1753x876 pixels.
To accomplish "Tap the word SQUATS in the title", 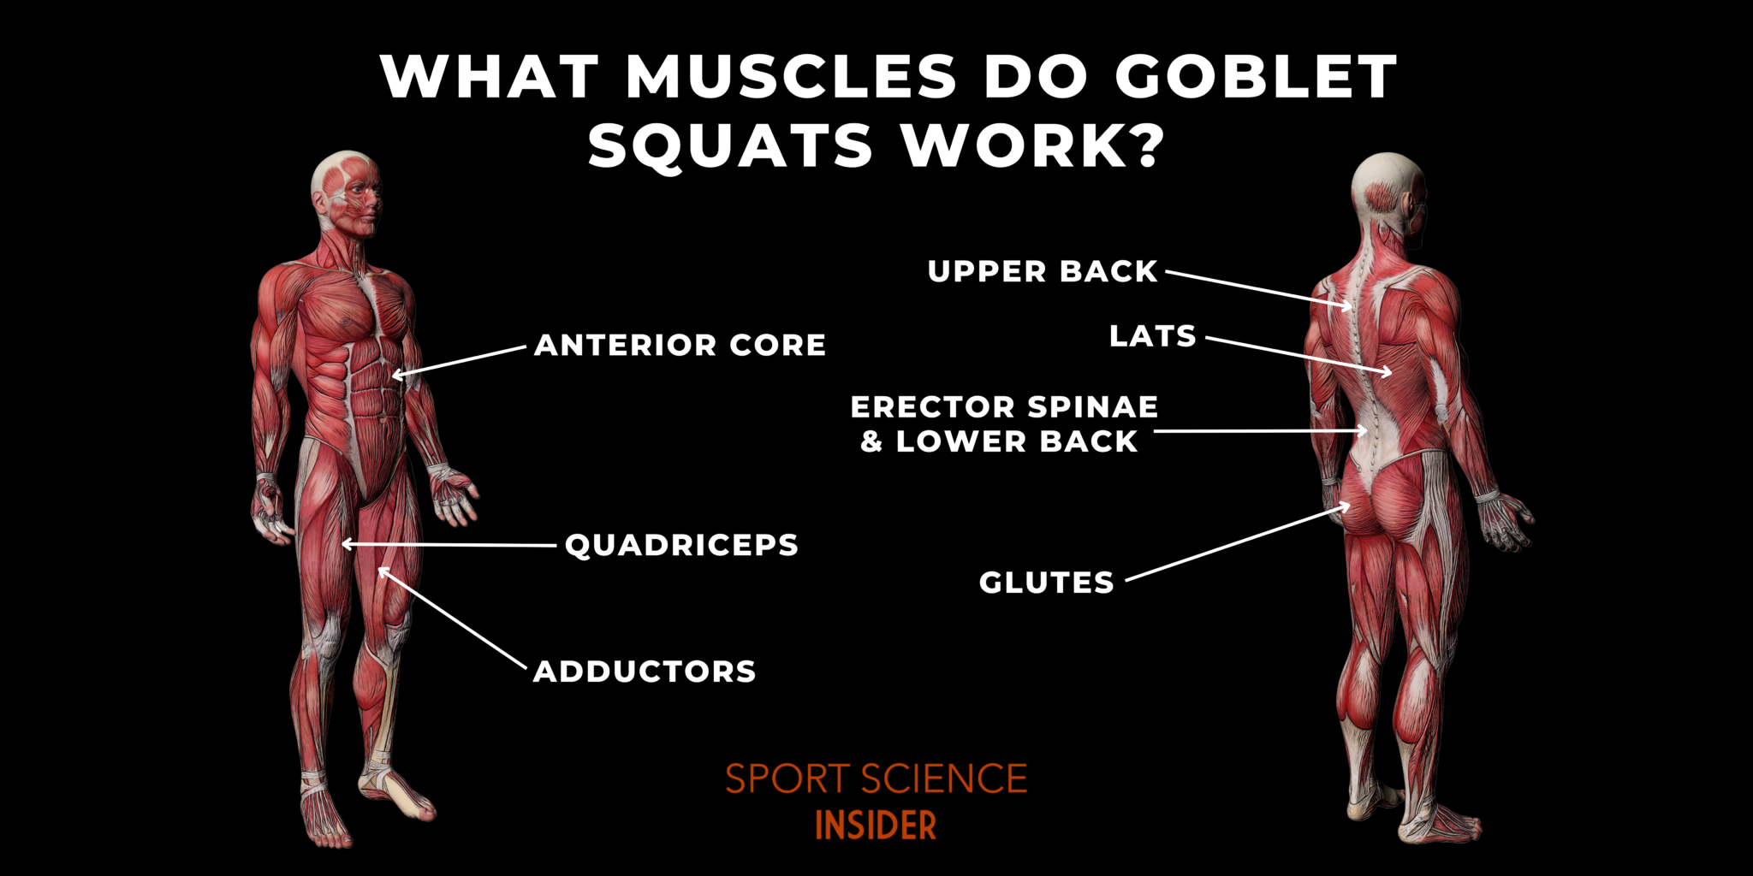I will pos(730,145).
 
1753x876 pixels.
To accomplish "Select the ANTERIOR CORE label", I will pos(680,345).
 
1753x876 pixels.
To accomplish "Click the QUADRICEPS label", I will pos(681,545).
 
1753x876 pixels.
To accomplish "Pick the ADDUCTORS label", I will pos(645,672).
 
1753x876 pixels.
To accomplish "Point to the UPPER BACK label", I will pos(1043,271).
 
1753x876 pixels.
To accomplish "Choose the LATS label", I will pos(1152,336).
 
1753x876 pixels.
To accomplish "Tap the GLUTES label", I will pos(1046,583).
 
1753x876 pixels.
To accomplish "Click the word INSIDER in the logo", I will pos(876,826).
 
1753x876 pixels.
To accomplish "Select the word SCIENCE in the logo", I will pos(944,779).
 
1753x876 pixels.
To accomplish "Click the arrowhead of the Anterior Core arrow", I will pos(396,375).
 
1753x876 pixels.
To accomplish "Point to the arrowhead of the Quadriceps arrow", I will pos(345,544).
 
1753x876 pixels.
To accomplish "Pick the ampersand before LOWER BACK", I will pos(871,442).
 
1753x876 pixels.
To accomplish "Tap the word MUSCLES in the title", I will pos(792,77).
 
